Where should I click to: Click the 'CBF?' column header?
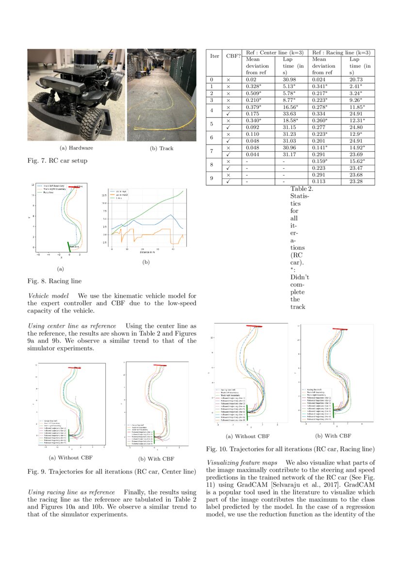click(233, 56)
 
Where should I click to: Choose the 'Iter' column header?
click(214, 56)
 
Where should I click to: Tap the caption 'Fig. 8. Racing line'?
click(54, 281)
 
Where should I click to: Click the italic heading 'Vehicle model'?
click(48, 296)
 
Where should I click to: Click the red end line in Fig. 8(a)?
click(75, 187)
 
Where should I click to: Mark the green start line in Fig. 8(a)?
click(69, 247)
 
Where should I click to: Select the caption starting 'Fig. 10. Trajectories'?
click(290, 450)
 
